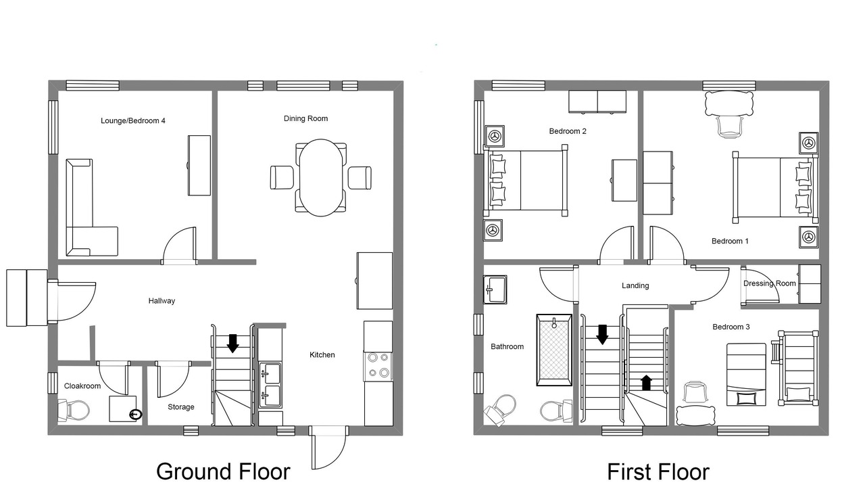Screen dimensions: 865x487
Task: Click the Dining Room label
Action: (305, 118)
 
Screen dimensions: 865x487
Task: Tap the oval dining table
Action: (320, 177)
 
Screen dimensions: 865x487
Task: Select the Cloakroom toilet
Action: (74, 411)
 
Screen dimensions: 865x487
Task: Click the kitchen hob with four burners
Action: (378, 367)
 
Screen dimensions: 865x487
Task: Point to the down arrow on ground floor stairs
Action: (232, 344)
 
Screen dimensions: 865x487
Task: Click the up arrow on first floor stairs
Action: (647, 383)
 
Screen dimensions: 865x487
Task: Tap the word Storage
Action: (180, 407)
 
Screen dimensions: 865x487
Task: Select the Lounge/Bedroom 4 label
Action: (133, 120)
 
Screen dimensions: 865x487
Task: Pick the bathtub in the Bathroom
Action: (554, 350)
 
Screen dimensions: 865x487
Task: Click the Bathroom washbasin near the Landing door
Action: (495, 289)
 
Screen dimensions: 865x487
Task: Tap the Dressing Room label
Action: (769, 283)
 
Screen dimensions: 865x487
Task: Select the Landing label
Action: (635, 285)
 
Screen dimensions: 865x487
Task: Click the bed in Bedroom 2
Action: (526, 181)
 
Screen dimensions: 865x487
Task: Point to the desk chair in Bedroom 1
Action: (729, 126)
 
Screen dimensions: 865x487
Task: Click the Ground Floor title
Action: (223, 472)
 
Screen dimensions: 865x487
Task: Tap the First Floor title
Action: (658, 472)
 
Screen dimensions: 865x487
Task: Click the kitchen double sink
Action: (270, 385)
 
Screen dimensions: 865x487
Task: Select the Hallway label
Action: (162, 301)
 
